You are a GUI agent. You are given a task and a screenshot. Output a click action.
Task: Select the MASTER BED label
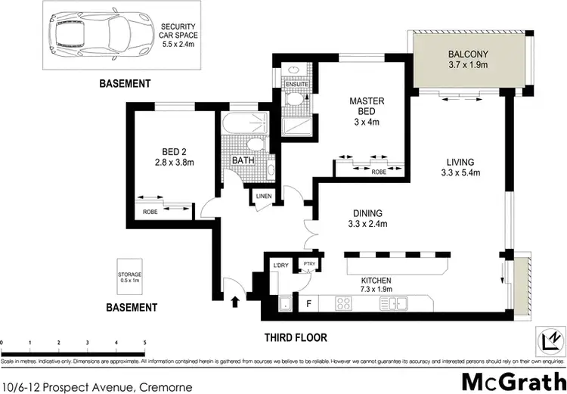(367, 107)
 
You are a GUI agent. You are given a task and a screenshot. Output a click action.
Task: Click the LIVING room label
(460, 167)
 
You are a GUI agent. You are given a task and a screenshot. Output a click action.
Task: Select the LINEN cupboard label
(263, 197)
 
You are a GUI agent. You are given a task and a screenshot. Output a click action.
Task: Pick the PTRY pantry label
(308, 264)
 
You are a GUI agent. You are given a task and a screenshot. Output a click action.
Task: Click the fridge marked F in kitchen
(308, 304)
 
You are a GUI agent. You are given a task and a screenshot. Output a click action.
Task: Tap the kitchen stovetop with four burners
(344, 304)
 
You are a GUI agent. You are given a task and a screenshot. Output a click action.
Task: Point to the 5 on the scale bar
(144, 344)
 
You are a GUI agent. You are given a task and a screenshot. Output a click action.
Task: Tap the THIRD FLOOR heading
(295, 337)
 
